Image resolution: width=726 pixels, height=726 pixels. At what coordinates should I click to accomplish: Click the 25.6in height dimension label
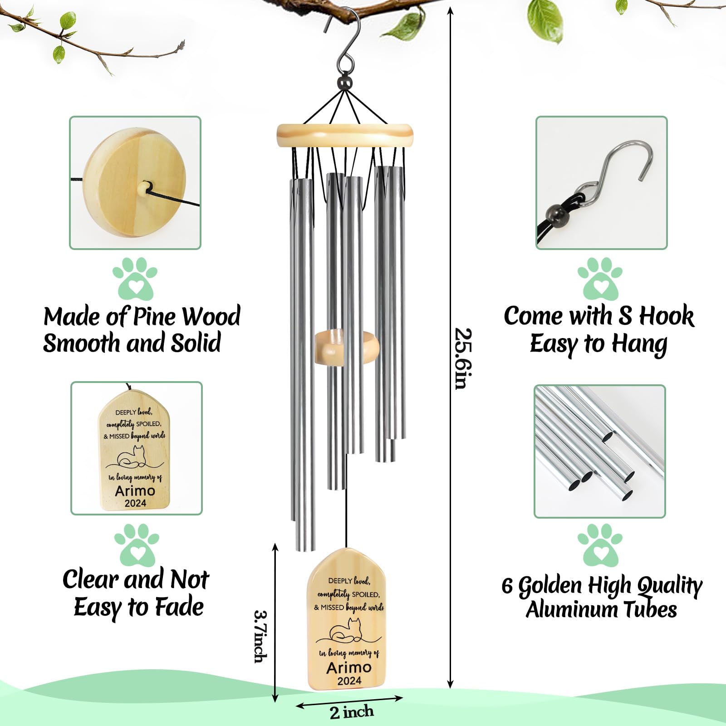[464, 358]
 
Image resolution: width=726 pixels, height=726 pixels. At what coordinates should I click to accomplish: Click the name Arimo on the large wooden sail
[348, 667]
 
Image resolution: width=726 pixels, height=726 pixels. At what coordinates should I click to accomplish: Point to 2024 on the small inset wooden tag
[135, 503]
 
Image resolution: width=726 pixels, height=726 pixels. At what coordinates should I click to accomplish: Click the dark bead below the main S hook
[346, 83]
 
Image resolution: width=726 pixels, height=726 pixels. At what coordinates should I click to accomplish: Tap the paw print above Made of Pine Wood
[135, 278]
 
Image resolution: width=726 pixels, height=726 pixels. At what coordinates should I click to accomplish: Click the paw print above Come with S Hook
[600, 278]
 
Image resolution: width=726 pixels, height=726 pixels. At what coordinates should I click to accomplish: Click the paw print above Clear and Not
[136, 544]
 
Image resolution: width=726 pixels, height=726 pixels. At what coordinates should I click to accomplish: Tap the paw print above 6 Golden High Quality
[600, 544]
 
